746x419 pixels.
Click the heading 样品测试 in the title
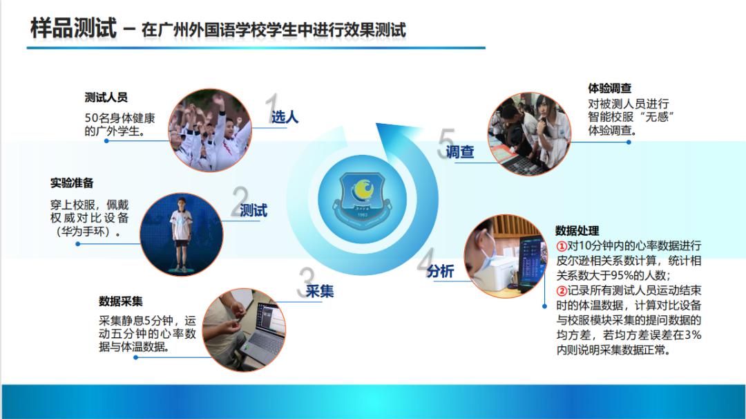pos(73,28)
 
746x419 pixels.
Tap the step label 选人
pos(285,117)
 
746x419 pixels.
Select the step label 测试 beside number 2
pos(254,210)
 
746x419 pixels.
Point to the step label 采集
pos(319,291)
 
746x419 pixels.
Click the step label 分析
pos(440,271)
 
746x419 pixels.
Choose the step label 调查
pos(459,151)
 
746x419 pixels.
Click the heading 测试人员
pos(106,97)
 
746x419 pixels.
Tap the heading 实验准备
pos(72,183)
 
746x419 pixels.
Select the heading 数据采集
pos(120,301)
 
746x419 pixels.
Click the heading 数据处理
pos(577,231)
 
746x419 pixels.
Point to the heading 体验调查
pos(609,88)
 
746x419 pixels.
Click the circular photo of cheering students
pos(210,131)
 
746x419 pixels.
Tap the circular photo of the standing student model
pos(181,234)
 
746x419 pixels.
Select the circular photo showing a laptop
pos(244,330)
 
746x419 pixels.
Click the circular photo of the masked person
pos(505,256)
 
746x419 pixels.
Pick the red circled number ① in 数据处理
pos(562,246)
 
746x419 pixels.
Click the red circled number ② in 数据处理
pos(562,290)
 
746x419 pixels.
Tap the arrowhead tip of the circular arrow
pos(376,124)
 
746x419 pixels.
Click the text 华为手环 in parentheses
pos(87,232)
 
